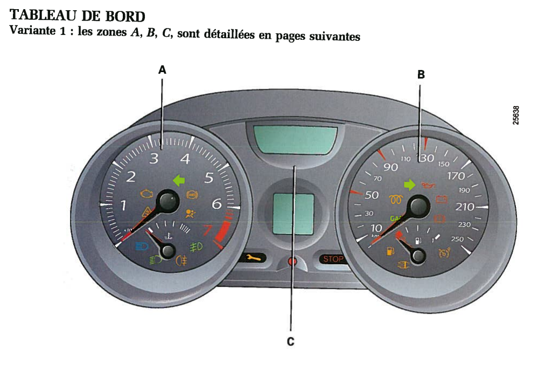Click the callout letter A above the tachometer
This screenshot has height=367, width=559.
[x=162, y=69]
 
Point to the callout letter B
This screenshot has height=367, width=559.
[x=421, y=75]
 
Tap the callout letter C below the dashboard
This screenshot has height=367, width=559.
[x=290, y=341]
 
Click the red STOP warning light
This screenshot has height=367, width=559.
[x=333, y=259]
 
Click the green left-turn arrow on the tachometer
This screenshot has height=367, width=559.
[x=179, y=180]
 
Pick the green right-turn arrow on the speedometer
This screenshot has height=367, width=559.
[x=410, y=185]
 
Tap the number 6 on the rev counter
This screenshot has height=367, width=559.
[x=217, y=204]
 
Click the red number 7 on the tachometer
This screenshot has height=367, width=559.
[x=206, y=231]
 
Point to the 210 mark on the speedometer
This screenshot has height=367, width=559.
[x=465, y=207]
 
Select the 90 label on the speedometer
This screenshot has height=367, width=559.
[x=390, y=167]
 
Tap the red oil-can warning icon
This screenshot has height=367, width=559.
[x=429, y=186]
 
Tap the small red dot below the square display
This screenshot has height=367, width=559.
[x=292, y=262]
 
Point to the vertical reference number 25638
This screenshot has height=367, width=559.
[x=516, y=115]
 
